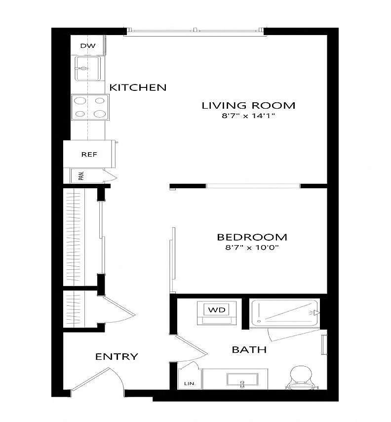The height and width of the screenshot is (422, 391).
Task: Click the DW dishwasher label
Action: tap(88, 46)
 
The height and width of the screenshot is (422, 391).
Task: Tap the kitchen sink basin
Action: tap(88, 68)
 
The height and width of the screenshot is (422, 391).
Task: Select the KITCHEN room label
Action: tap(138, 87)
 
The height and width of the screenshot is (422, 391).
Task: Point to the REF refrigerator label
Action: tap(89, 155)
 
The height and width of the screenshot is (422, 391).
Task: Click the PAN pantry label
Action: tap(81, 176)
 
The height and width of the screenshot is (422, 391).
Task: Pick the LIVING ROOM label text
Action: tap(248, 105)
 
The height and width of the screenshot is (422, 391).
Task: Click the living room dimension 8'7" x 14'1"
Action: tap(248, 116)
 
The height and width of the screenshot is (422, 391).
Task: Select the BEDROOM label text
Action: tap(252, 237)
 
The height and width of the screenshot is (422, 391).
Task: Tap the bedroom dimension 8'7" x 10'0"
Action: tap(252, 248)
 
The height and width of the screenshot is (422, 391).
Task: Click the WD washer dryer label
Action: tap(217, 310)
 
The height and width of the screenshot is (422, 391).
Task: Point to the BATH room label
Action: tap(249, 349)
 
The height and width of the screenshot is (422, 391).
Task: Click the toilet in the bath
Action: tap(301, 377)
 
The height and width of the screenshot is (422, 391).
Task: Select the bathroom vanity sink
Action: tap(242, 380)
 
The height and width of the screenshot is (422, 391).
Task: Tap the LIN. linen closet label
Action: tap(190, 383)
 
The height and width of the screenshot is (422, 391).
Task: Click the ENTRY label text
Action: tap(117, 357)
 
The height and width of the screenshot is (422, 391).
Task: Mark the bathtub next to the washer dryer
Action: tap(284, 313)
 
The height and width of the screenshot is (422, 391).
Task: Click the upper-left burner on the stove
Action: tap(80, 101)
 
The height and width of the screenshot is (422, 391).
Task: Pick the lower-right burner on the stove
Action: tap(100, 114)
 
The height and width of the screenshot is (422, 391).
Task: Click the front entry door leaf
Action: tap(90, 379)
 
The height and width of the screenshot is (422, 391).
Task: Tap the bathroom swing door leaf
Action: tap(191, 344)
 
